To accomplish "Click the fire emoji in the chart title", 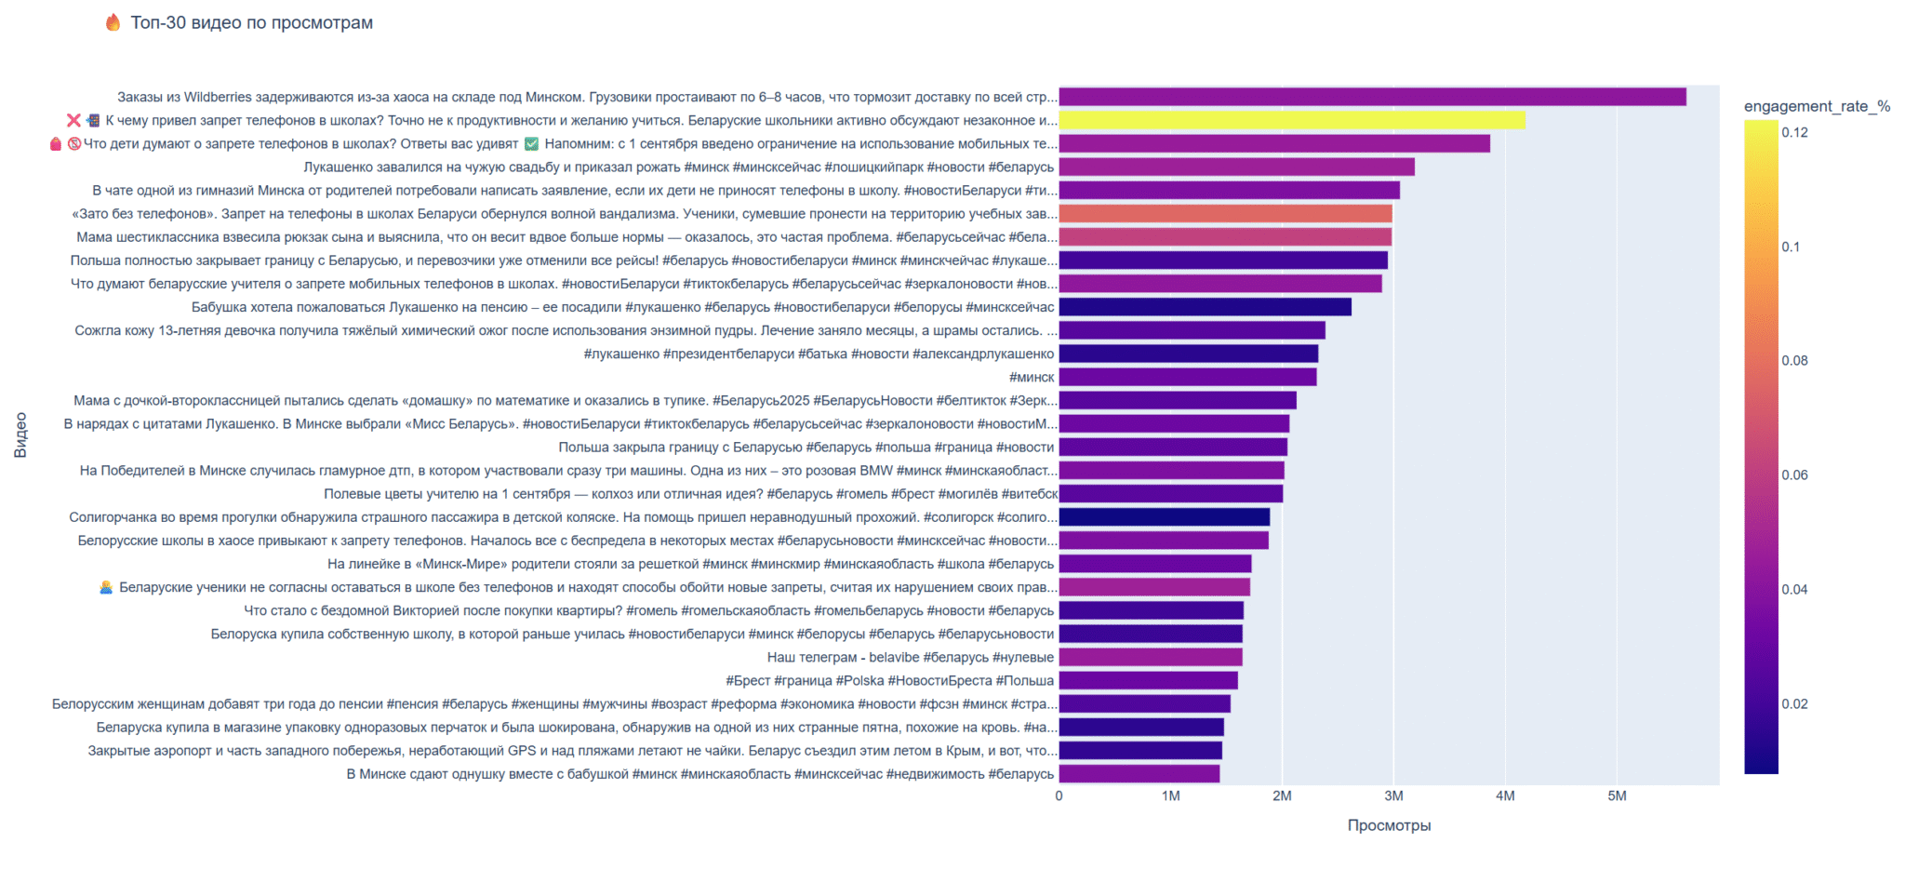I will [113, 22].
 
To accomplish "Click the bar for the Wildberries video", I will [1372, 97].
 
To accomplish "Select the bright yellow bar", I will [1291, 120].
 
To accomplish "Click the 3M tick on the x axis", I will [1393, 795].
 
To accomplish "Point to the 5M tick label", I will [1617, 795].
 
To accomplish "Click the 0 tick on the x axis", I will [1059, 795].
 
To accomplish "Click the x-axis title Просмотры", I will [1389, 825].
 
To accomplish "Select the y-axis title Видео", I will [20, 434].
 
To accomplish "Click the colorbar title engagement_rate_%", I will [1817, 106].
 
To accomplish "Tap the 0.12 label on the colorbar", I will [1794, 132].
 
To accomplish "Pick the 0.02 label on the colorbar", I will [1794, 703].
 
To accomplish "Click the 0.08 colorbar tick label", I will [1794, 360].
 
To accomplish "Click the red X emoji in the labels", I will [73, 120].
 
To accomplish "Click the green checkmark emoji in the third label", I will [531, 143].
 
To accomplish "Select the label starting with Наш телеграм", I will [910, 657].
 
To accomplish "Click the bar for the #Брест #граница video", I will [1148, 680].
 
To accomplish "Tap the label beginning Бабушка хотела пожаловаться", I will [622, 307].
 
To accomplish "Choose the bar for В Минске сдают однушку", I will [1139, 773].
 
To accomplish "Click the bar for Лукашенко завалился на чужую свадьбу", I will [1236, 167].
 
